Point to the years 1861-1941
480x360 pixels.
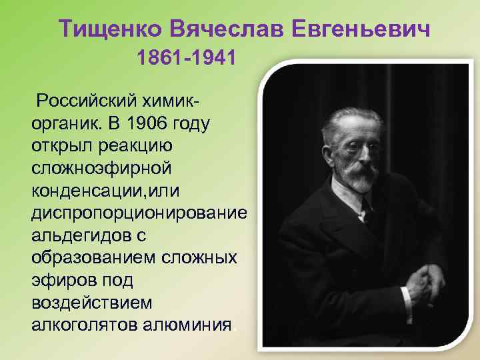point(186,60)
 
